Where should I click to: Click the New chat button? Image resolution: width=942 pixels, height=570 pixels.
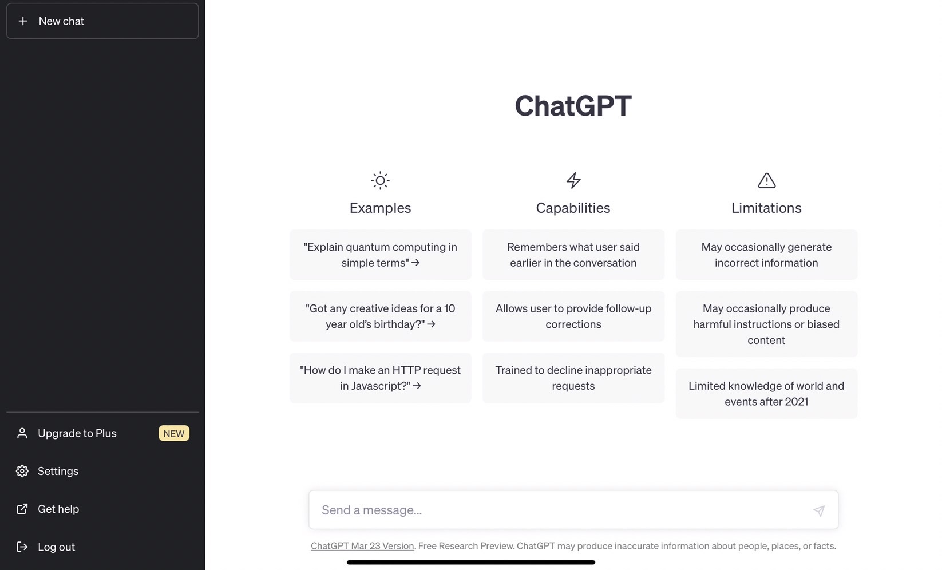click(x=102, y=21)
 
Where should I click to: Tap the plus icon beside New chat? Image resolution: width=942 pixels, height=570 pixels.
click(x=23, y=21)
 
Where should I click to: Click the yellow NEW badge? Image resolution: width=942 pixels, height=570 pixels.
click(x=173, y=433)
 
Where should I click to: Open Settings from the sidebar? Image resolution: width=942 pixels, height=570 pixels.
click(x=58, y=471)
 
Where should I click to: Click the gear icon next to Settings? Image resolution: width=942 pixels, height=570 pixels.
click(x=22, y=471)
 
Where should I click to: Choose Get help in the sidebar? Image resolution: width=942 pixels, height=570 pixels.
click(x=58, y=509)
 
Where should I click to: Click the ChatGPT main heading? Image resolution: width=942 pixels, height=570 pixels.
click(x=573, y=105)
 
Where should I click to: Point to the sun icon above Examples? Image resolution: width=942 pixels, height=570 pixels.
click(x=380, y=180)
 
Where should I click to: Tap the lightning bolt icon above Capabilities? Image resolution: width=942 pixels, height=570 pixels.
click(x=573, y=180)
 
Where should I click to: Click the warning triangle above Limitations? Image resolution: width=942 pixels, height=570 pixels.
click(x=767, y=180)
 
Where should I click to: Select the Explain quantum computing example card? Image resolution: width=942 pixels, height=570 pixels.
click(x=380, y=255)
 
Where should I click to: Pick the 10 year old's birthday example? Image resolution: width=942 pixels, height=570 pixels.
click(x=380, y=316)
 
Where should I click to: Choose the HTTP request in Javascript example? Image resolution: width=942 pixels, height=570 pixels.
click(x=380, y=378)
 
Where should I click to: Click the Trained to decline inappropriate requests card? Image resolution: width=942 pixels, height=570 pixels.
click(x=573, y=378)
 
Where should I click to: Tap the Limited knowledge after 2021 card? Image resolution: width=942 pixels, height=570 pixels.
click(x=766, y=394)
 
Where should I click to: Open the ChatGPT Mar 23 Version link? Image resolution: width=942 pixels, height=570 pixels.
click(x=362, y=546)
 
